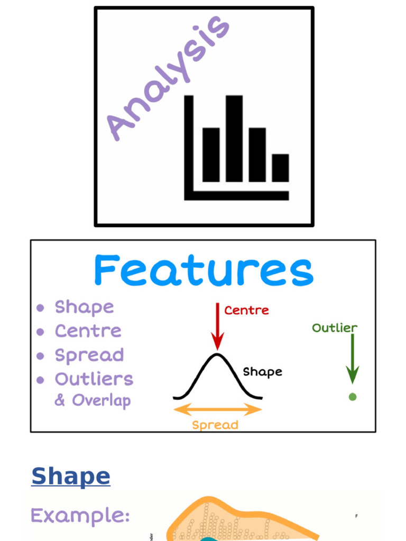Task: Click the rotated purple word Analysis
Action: (x=167, y=78)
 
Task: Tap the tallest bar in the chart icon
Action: (x=234, y=138)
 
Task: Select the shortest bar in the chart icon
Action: (x=280, y=168)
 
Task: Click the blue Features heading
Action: (x=204, y=271)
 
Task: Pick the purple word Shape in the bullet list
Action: (x=84, y=307)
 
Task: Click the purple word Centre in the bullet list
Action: (x=88, y=331)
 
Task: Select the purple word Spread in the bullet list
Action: (x=89, y=355)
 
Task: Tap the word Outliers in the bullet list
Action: (x=94, y=379)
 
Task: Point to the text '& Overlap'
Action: (x=93, y=400)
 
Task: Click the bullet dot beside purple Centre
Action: (x=40, y=332)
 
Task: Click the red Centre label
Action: (x=246, y=310)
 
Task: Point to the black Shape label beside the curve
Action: (x=262, y=372)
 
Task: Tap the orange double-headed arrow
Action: (x=217, y=409)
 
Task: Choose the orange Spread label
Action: (x=215, y=425)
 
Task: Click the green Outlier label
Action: (x=335, y=328)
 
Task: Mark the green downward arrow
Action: (x=353, y=359)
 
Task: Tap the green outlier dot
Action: (x=353, y=397)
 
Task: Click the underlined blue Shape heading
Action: (x=71, y=476)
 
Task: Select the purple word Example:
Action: (x=80, y=515)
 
